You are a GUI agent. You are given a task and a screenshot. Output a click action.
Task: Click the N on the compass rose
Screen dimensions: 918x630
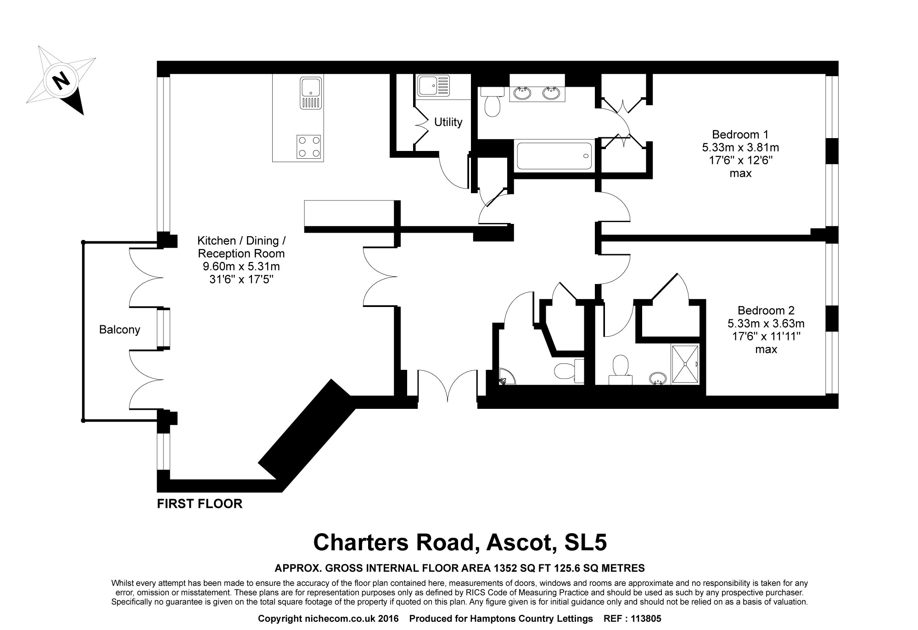(61, 81)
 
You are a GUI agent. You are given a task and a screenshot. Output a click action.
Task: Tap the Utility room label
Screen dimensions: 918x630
(448, 122)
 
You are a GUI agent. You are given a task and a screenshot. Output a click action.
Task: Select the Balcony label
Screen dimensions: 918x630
(119, 329)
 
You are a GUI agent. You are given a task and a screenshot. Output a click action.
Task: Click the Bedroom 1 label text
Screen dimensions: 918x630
(740, 134)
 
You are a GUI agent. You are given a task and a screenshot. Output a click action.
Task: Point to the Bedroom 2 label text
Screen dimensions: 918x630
(766, 310)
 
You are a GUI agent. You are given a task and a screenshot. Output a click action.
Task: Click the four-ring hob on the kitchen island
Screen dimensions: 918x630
(308, 146)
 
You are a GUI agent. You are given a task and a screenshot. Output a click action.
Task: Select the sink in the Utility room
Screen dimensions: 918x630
(433, 86)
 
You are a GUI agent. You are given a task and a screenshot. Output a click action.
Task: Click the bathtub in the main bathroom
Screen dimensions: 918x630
(554, 156)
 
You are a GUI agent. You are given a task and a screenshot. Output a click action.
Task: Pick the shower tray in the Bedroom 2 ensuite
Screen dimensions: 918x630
(686, 364)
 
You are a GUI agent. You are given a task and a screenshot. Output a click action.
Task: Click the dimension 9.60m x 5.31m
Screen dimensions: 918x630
(241, 267)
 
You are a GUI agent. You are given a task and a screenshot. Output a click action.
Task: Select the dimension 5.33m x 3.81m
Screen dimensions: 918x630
(740, 148)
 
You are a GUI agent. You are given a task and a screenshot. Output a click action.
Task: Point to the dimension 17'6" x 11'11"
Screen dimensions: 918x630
(766, 336)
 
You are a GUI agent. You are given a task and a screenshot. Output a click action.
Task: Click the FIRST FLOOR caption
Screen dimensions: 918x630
(200, 504)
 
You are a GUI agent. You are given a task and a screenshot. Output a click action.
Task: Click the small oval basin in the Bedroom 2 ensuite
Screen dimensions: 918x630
(658, 378)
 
